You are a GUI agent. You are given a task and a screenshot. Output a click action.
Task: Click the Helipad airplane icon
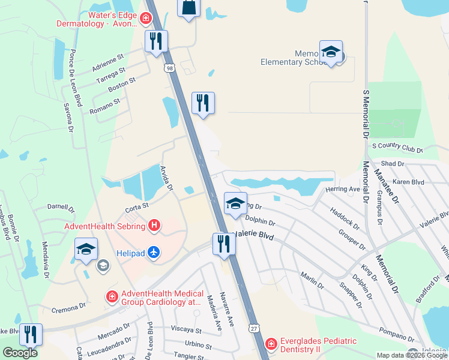[x=154, y=253]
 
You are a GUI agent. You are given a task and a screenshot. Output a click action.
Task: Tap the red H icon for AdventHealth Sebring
[x=154, y=226]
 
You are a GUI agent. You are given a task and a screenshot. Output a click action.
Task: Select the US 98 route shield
[x=170, y=69]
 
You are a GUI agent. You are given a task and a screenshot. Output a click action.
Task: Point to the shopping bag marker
[x=188, y=8]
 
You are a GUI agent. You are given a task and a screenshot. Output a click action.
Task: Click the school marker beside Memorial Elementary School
[x=331, y=52]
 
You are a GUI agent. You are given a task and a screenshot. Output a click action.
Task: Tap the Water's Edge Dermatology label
[x=95, y=19]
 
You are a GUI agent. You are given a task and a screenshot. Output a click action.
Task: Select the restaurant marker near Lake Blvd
[x=31, y=334]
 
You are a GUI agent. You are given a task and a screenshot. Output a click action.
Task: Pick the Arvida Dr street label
[x=166, y=178]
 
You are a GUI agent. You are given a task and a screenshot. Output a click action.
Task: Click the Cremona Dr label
[x=68, y=308]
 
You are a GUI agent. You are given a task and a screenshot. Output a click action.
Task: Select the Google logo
[x=20, y=353]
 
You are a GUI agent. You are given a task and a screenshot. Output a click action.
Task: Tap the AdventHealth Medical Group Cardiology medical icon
[x=112, y=296]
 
